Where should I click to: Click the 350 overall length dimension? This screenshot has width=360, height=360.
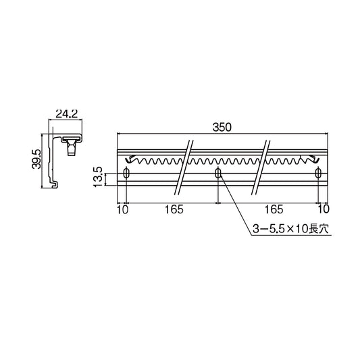221,126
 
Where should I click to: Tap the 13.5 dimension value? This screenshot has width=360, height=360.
99,178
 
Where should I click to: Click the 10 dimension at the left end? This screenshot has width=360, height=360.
122,209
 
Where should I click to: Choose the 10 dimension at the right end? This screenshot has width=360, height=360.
323,209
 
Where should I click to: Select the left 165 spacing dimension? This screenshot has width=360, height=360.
174,209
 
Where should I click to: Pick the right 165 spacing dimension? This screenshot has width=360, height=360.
274,209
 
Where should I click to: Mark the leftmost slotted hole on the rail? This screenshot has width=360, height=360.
126,174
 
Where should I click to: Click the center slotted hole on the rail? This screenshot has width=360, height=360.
217,174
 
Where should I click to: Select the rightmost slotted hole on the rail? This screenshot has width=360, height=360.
317,174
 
